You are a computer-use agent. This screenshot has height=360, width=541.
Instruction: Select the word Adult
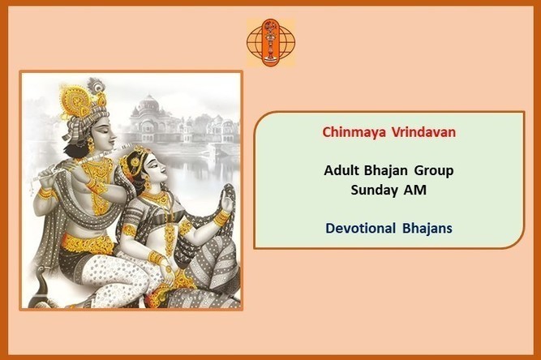340,170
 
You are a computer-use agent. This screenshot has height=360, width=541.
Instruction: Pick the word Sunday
371,190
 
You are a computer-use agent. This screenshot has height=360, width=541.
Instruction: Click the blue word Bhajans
427,229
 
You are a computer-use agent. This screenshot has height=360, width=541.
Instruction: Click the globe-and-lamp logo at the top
271,42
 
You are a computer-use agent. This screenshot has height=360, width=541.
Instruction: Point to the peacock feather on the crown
96,85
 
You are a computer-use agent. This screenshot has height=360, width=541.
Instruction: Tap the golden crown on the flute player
78,101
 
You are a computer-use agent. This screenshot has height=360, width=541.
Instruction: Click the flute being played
80,161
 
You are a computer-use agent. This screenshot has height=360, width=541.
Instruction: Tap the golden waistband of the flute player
87,244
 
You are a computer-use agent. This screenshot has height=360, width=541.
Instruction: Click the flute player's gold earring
91,144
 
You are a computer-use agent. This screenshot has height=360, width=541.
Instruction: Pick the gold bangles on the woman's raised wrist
221,218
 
